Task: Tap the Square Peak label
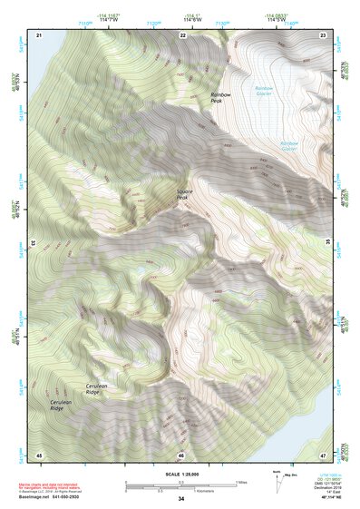pyautogui.click(x=188, y=194)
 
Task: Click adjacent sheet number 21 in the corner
pyautogui.click(x=39, y=34)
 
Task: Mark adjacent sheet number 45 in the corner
pyautogui.click(x=39, y=454)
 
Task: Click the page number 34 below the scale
pyautogui.click(x=181, y=499)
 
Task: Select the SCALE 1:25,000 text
pyautogui.click(x=181, y=475)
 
